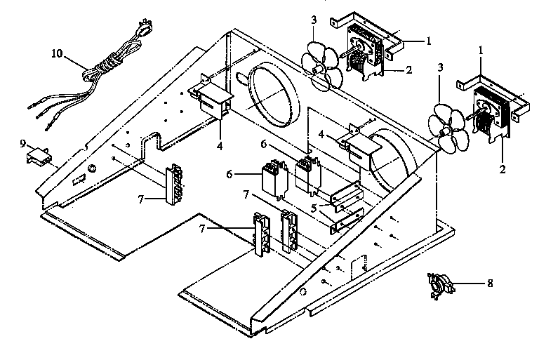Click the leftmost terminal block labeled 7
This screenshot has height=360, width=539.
175,184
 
